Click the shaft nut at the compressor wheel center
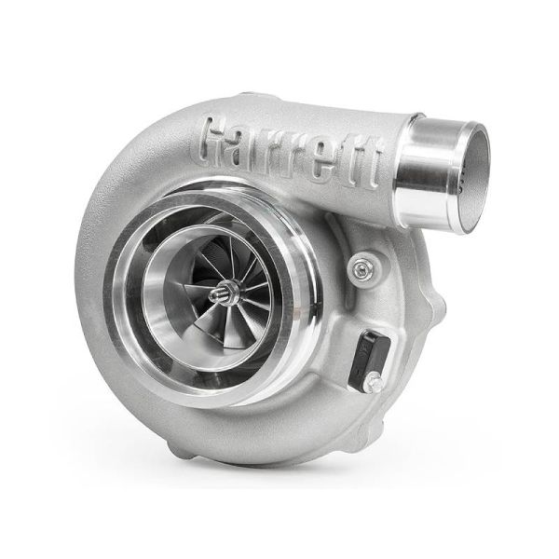pyautogui.click(x=225, y=295)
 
